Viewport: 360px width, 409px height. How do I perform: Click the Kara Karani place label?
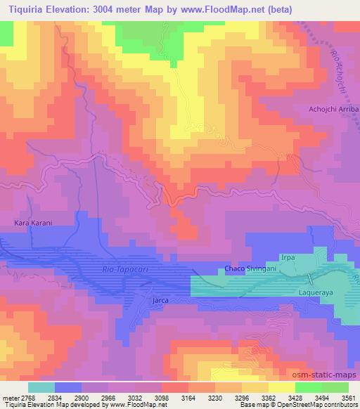34,223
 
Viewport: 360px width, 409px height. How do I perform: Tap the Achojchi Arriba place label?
334,110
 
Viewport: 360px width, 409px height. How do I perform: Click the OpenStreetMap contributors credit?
320,405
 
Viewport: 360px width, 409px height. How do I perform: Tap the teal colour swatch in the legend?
41,387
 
